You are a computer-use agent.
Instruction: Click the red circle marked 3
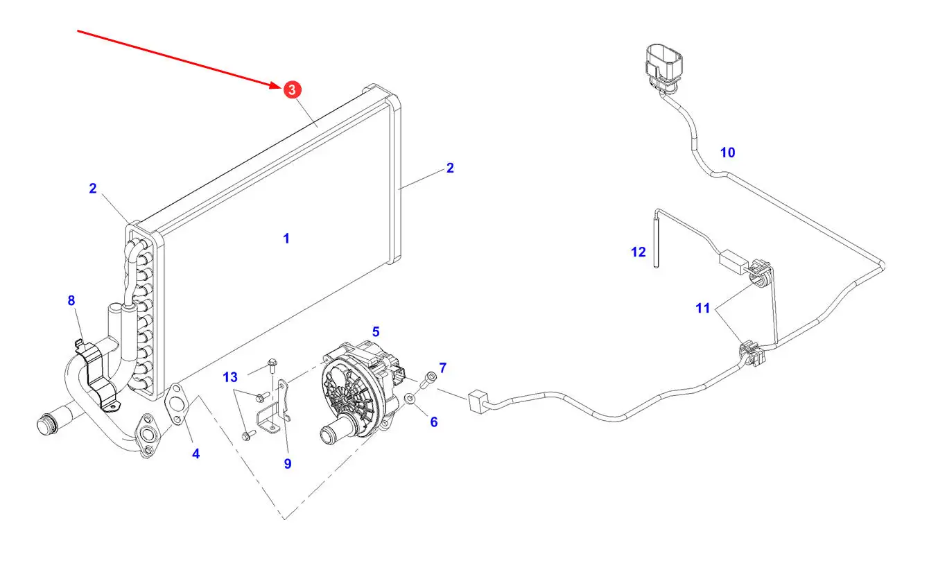point(291,89)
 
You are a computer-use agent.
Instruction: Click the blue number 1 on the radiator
point(286,239)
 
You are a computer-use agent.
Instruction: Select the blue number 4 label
point(196,454)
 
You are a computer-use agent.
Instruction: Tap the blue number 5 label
point(376,332)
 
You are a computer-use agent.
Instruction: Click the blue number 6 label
point(434,422)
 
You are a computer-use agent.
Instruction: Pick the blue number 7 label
point(443,367)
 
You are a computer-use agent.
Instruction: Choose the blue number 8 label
point(71,300)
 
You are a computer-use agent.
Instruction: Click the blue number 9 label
point(288,464)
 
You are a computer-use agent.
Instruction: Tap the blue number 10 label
point(727,153)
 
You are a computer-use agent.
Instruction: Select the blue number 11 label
point(703,308)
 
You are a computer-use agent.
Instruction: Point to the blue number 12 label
point(638,252)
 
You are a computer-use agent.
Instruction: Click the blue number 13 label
point(230,377)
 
